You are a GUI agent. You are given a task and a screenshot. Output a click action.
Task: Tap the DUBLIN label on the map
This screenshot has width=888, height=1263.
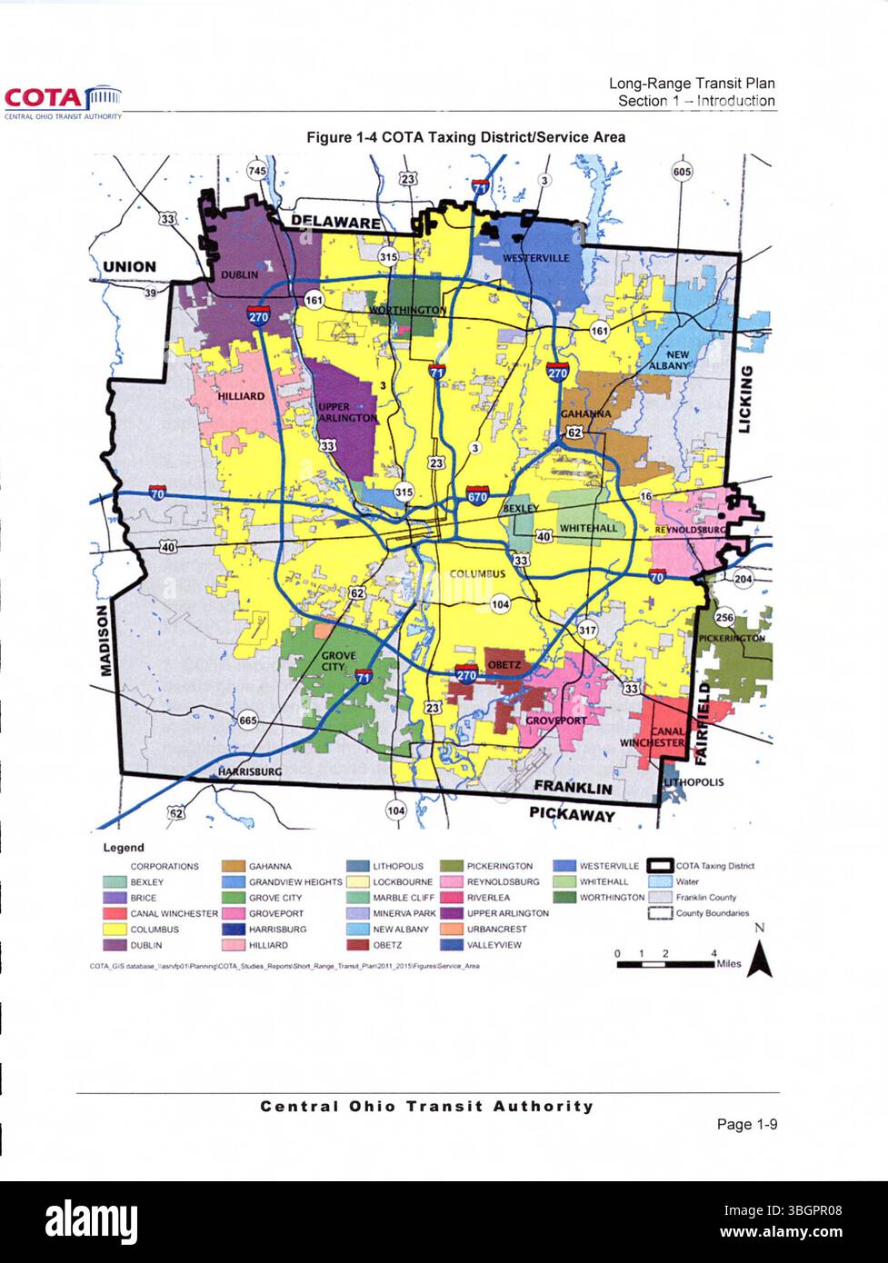click(240, 273)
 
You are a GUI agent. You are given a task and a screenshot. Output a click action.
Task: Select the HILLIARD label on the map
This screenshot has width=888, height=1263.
click(241, 396)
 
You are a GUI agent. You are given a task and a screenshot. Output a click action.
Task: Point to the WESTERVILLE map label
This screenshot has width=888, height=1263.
click(536, 258)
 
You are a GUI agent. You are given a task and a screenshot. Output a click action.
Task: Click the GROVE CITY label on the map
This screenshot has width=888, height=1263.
click(338, 661)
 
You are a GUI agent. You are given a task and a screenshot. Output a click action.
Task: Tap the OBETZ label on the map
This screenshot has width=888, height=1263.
click(504, 665)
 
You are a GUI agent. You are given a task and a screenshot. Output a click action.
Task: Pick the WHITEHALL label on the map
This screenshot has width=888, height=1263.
click(588, 528)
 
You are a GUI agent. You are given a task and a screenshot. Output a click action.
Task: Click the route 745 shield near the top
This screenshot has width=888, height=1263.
click(258, 171)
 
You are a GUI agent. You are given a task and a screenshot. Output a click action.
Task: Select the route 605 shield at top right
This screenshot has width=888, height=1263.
click(682, 172)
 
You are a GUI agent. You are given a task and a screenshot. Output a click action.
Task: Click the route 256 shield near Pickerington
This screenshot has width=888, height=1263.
click(724, 618)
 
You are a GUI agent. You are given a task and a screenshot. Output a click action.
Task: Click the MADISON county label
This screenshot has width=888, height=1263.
click(105, 641)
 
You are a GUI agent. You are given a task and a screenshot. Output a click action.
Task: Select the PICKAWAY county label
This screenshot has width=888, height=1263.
click(572, 815)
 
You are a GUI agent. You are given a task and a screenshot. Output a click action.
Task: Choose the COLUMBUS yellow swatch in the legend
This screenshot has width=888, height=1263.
click(115, 930)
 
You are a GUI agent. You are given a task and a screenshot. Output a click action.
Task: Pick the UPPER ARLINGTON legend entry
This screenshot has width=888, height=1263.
click(497, 913)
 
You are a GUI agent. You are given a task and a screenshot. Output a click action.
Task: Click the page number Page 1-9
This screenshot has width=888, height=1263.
click(745, 1125)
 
